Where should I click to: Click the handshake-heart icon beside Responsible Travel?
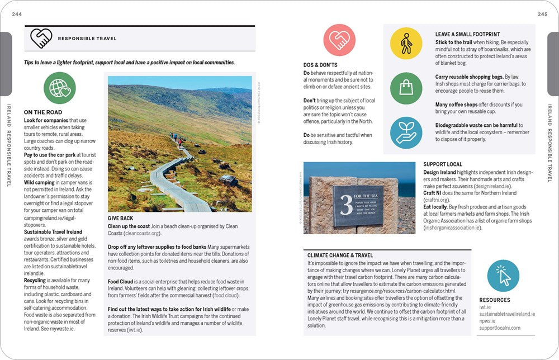click(41, 38)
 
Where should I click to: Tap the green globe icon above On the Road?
click(60, 88)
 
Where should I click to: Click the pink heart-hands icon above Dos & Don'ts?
click(339, 40)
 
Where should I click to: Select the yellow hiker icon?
click(406, 44)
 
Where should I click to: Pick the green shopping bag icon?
click(406, 88)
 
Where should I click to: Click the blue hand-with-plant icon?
click(406, 132)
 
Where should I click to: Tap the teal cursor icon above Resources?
click(503, 276)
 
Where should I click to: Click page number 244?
click(17, 14)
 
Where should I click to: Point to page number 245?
click(542, 14)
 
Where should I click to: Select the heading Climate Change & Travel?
click(340, 255)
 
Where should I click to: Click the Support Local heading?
click(443, 164)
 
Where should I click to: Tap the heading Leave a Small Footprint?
click(467, 34)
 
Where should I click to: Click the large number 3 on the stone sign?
click(346, 205)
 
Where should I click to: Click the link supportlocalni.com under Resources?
click(499, 328)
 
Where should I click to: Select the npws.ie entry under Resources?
click(487, 321)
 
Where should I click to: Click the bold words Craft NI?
click(436, 193)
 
